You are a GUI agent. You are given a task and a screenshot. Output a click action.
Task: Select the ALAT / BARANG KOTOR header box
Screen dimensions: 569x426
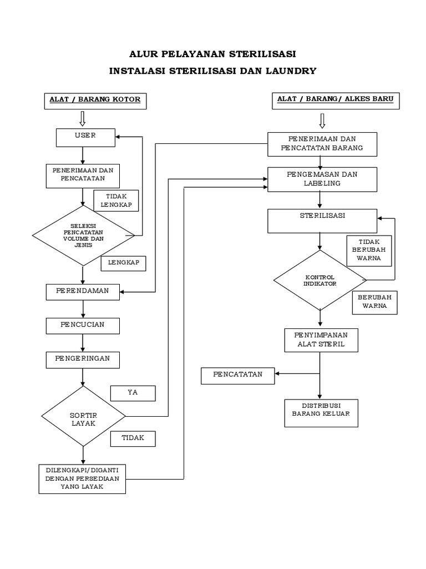click(x=95, y=100)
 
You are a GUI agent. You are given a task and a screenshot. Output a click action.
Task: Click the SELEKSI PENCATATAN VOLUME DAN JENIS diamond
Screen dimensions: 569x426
click(x=83, y=236)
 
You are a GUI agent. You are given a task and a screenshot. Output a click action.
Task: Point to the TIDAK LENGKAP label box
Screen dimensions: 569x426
click(x=115, y=200)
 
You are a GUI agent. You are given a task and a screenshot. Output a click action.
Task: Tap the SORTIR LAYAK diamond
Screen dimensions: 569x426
click(x=83, y=417)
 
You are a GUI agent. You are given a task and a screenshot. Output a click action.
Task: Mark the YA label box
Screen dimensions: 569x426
click(x=133, y=393)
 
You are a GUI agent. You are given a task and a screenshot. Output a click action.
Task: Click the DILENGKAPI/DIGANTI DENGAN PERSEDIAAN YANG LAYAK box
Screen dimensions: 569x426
click(x=82, y=478)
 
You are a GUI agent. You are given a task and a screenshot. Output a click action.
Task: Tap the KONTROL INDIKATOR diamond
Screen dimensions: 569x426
click(x=320, y=280)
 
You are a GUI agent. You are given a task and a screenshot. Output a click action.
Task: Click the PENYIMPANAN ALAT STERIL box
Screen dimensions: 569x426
click(x=321, y=340)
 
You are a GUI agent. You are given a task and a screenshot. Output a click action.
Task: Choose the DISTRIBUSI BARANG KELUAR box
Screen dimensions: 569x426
click(x=321, y=413)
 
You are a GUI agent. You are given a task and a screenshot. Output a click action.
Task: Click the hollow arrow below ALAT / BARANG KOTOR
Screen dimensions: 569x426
click(x=83, y=118)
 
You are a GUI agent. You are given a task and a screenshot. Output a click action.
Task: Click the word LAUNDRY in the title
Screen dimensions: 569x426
click(x=282, y=71)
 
